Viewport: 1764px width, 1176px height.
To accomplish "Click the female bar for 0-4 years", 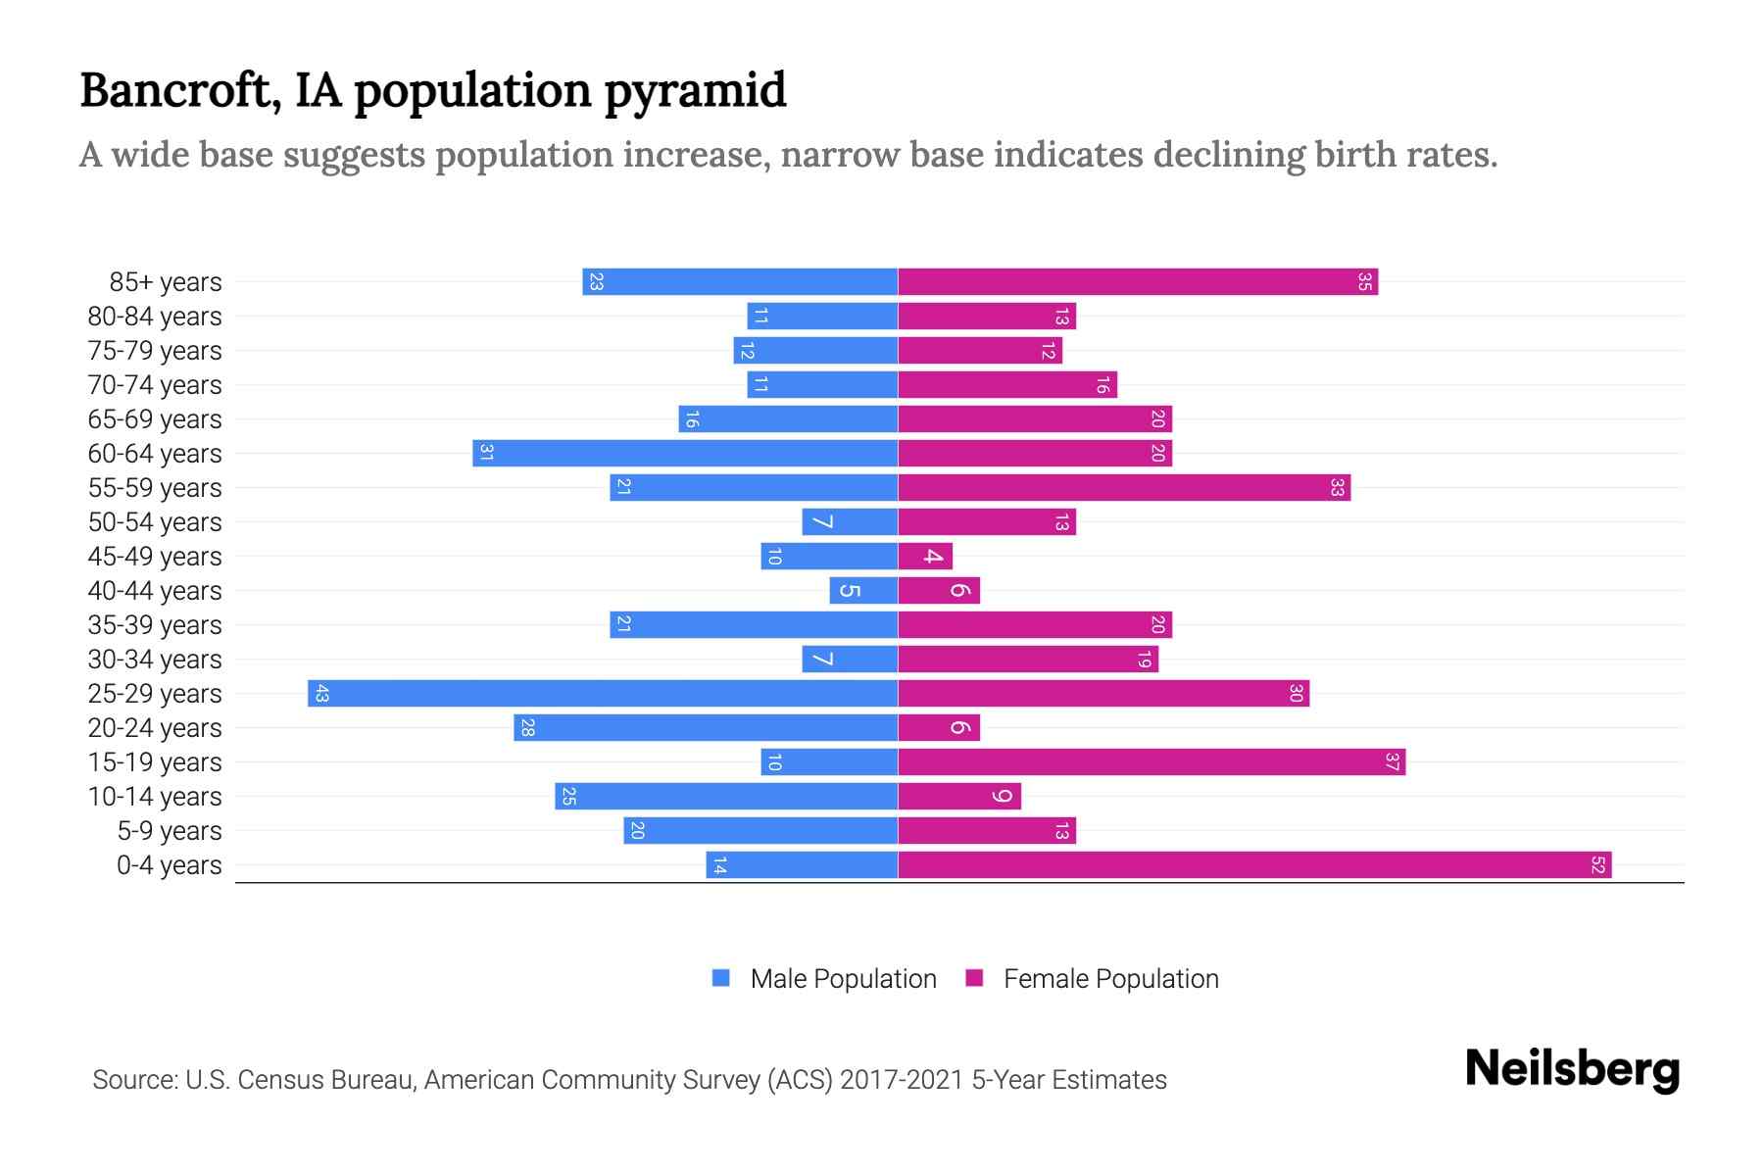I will (1254, 864).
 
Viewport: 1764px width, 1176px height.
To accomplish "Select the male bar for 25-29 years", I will (603, 693).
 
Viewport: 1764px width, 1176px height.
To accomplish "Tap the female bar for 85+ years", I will (1137, 281).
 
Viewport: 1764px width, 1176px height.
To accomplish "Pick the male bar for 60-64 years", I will (686, 453).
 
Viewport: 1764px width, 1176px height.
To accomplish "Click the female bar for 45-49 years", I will (925, 556).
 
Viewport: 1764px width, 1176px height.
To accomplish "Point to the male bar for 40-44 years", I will (863, 590).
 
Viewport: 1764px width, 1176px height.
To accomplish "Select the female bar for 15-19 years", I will (1151, 761).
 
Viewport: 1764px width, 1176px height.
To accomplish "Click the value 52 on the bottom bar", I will (1597, 864).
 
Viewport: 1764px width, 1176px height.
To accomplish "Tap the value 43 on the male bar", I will (321, 693).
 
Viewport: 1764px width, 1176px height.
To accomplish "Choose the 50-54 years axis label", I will (155, 521).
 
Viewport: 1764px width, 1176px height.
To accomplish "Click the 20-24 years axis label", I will (155, 727).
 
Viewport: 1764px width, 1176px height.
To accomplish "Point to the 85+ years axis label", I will (166, 281).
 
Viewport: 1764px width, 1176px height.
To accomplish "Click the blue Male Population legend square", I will (721, 978).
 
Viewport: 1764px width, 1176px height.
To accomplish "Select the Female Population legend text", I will (1110, 978).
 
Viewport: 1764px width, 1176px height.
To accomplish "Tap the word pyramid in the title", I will (695, 91).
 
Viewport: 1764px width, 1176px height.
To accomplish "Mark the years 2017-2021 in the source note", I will (902, 1079).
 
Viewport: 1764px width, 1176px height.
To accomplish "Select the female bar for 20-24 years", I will (939, 727).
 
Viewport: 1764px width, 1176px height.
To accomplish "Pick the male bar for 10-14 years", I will (726, 796).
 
